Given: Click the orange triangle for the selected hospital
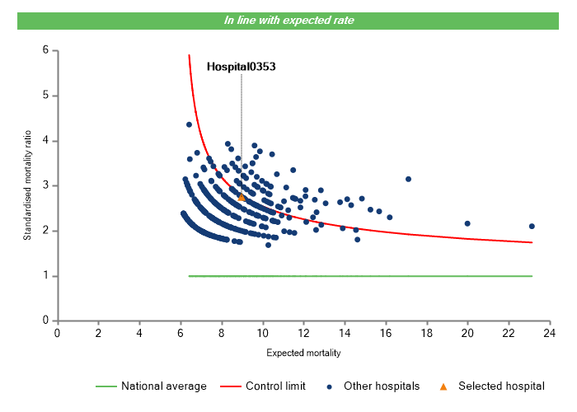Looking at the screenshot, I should pos(242,198).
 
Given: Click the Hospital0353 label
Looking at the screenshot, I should pos(241,66).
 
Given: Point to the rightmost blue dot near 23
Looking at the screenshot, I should pos(532,226).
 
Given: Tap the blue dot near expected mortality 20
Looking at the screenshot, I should pos(467,223).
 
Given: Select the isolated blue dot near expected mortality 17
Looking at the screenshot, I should pos(408,179).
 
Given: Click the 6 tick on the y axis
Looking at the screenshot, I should pos(45,51).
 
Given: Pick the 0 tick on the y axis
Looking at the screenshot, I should pos(45,321).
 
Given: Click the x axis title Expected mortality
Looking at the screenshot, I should pos(303,353).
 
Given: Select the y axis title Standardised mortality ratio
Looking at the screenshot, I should pos(27,185).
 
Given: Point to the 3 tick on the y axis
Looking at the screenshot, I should pos(45,186).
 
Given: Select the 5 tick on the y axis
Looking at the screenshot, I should pos(45,96).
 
